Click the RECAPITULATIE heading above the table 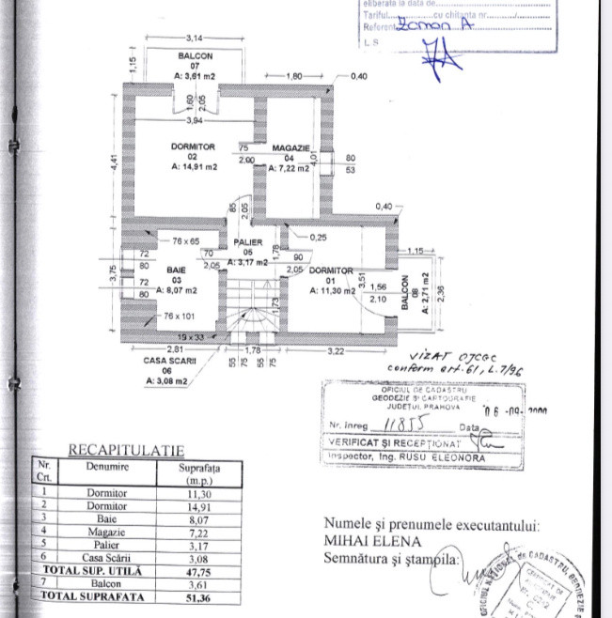click(x=125, y=451)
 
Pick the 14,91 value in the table click(x=198, y=504)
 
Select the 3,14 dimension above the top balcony click(x=195, y=38)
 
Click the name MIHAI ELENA click(x=373, y=541)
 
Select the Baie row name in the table click(x=105, y=518)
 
